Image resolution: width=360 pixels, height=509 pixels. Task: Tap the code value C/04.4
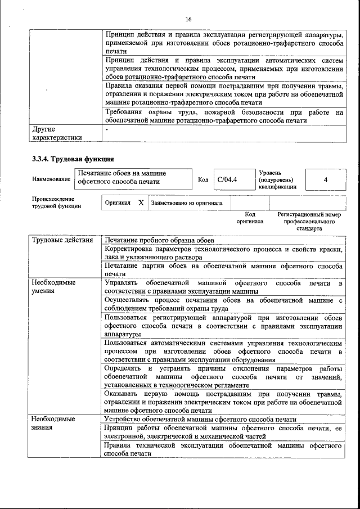tap(227, 180)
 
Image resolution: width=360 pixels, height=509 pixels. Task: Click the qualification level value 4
tap(326, 180)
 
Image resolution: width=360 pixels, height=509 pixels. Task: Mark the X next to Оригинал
tap(141, 203)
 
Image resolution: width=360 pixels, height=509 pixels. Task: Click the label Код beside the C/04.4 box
tap(203, 180)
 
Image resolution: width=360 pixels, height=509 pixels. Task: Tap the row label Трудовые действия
tap(62, 241)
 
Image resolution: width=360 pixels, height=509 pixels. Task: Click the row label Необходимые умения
tap(53, 287)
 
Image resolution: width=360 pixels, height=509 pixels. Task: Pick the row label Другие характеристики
tap(57, 133)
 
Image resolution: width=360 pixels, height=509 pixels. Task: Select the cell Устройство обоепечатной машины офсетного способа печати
tap(200, 419)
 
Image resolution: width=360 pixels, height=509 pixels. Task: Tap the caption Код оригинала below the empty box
tap(250, 218)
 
